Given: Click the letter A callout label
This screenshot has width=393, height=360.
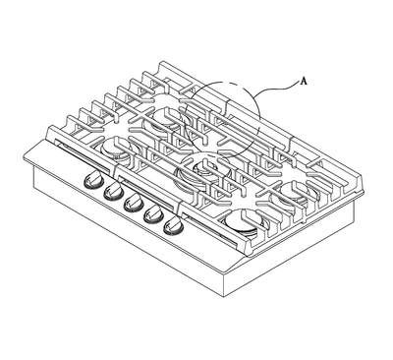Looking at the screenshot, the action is [304, 82].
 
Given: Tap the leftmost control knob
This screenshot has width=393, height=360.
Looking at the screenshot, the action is [93, 180].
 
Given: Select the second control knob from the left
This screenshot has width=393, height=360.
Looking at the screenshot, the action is [114, 191].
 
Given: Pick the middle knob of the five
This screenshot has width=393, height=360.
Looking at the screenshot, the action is [134, 203].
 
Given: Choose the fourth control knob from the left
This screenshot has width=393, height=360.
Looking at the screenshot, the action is [153, 214].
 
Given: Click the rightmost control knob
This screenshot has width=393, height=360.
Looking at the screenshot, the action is [174, 226].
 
